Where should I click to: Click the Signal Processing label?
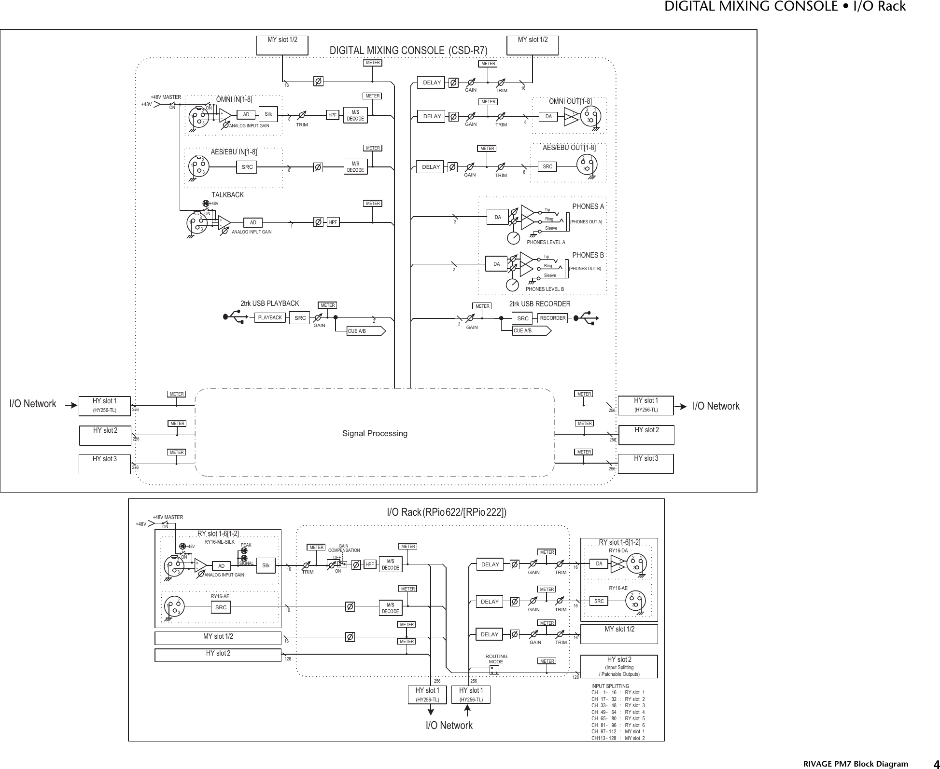[x=375, y=434]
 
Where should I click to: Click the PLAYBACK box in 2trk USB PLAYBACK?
[x=270, y=318]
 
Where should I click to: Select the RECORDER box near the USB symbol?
[x=553, y=318]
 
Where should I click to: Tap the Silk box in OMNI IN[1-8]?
[x=268, y=114]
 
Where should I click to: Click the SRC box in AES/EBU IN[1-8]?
[x=247, y=167]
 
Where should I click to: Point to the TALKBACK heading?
[x=228, y=195]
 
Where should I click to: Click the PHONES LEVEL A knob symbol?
[x=514, y=238]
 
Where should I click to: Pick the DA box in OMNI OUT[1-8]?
[x=548, y=116]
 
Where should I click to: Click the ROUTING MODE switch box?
[x=494, y=671]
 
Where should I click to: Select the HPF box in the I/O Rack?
[x=370, y=564]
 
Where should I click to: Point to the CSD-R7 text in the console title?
[x=468, y=51]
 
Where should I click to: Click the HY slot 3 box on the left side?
[x=104, y=464]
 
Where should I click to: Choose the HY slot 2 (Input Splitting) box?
[x=618, y=666]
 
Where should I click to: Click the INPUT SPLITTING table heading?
[x=610, y=686]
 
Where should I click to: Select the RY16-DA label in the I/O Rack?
[x=618, y=550]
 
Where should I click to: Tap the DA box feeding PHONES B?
[x=496, y=264]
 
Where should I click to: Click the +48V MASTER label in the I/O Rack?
[x=168, y=518]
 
